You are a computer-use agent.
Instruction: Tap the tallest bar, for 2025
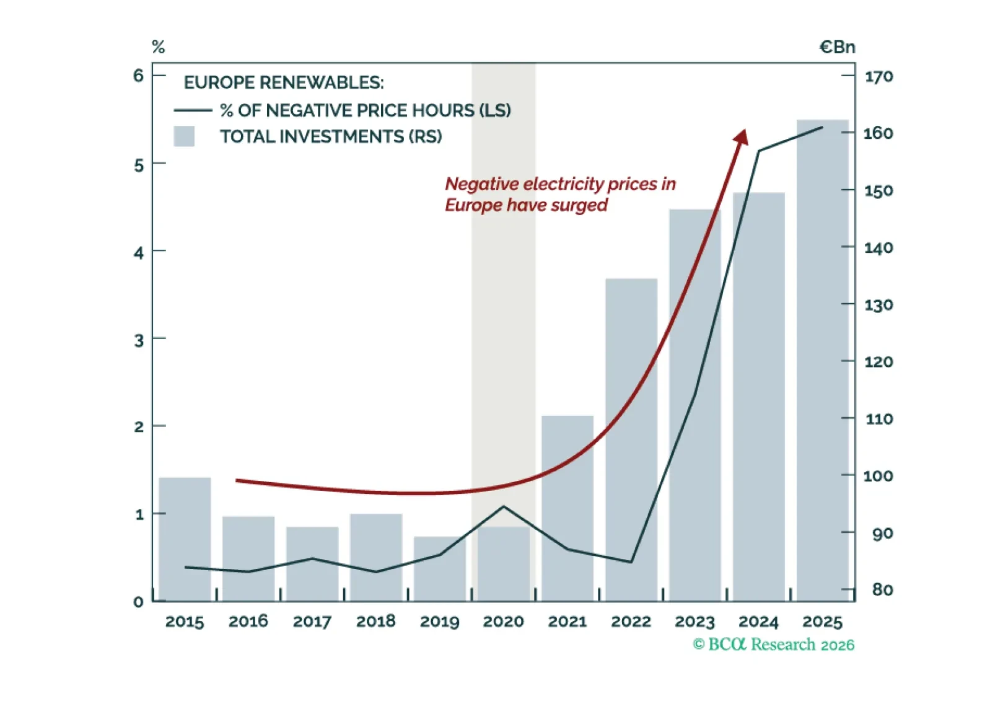point(822,359)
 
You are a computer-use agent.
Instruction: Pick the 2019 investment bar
point(439,568)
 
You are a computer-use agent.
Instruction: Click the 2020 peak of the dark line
point(504,506)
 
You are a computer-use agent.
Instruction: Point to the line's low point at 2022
point(631,562)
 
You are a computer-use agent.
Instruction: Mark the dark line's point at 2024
point(759,151)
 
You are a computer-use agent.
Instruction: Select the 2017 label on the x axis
point(312,621)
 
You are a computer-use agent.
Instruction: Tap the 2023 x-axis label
point(694,621)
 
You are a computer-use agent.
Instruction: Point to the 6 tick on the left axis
point(138,76)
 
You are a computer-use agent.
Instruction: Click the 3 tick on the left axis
point(138,340)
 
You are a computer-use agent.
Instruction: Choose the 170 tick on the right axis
point(878,77)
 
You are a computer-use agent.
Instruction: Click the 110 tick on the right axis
point(878,419)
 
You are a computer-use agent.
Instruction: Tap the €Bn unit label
point(837,47)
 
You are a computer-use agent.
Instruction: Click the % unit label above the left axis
point(158,47)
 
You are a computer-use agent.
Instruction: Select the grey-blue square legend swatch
point(184,136)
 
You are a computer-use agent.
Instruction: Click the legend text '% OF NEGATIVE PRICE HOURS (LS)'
point(366,110)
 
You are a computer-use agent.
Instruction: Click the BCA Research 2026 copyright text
point(773,645)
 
